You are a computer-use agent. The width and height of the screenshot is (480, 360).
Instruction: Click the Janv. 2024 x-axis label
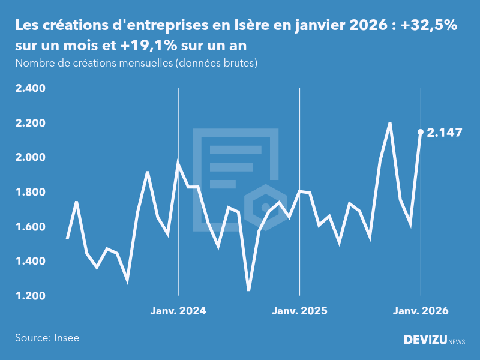coord(178,311)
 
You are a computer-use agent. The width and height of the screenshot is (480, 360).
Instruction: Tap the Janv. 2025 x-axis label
coord(299,311)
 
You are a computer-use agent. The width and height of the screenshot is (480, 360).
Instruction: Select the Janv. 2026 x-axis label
coord(421,311)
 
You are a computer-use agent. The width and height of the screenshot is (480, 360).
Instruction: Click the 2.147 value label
coord(445,133)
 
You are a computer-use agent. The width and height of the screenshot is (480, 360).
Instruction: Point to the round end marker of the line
coord(421,131)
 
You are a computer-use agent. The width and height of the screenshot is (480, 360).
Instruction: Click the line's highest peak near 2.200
coord(390,123)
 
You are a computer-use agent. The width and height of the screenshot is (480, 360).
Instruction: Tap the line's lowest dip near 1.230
coord(248,290)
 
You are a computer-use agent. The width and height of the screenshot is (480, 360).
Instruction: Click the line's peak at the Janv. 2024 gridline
coord(178,161)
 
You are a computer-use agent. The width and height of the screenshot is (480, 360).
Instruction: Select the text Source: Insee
coord(47,338)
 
